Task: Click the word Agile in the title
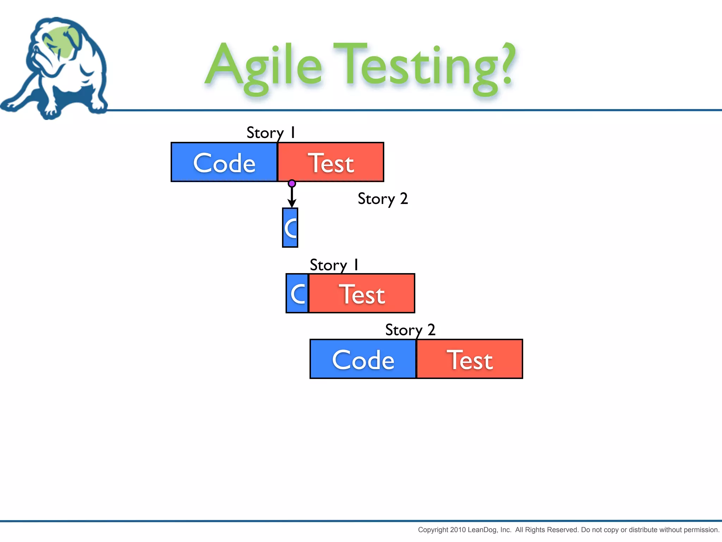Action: coord(264,67)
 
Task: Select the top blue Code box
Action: coord(224,162)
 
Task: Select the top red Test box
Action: coord(331,162)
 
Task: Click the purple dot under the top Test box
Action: coord(292,183)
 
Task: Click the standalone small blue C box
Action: coord(290,228)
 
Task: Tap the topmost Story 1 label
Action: coord(270,133)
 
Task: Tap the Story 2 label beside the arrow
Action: coord(383,199)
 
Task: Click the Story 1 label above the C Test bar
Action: coord(334,265)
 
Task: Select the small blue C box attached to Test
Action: coord(297,293)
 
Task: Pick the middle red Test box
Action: coord(362,293)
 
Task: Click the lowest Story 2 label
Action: coord(410,330)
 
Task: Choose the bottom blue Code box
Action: coord(363,359)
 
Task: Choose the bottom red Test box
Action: coord(470,359)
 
